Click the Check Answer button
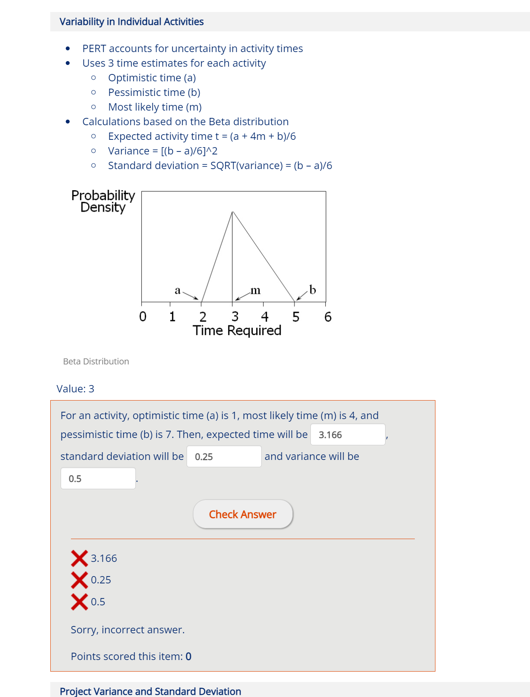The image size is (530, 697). click(243, 514)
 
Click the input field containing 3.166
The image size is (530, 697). click(347, 435)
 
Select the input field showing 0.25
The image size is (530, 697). click(224, 456)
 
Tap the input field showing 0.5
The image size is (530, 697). click(98, 478)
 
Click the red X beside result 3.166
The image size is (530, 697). click(80, 558)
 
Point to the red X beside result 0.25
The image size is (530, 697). click(80, 580)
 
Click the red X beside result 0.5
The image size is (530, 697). click(80, 601)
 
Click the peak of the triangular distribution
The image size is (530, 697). click(233, 212)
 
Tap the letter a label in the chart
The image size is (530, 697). click(178, 290)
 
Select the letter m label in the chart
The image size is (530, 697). click(255, 290)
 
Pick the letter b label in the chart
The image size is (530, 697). click(312, 290)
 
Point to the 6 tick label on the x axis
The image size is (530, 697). click(328, 317)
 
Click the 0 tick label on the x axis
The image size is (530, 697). click(143, 317)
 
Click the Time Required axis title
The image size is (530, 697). click(237, 330)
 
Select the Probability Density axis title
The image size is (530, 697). click(103, 201)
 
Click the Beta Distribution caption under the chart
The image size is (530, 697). click(96, 361)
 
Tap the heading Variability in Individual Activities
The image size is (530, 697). click(132, 22)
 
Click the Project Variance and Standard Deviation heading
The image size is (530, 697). click(150, 691)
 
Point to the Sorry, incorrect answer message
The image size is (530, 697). click(128, 630)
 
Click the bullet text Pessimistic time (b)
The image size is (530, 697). click(154, 93)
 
